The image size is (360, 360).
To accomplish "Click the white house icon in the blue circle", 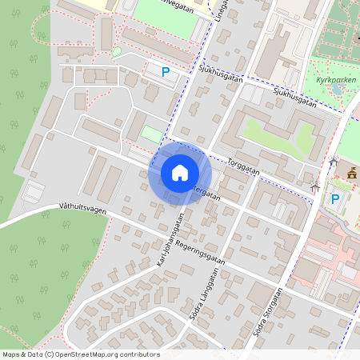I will (x=180, y=173).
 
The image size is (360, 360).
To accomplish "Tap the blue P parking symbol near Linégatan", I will (x=166, y=72).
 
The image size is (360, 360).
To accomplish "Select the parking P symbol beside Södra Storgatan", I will (x=335, y=199).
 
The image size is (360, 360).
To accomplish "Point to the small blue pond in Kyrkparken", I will (x=338, y=90).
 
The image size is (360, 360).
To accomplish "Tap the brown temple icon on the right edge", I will (x=352, y=173).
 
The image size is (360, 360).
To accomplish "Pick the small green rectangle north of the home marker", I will (x=151, y=134).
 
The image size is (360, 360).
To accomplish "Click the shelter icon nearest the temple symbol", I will (x=333, y=162).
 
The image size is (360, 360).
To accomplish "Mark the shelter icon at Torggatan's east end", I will (x=315, y=187).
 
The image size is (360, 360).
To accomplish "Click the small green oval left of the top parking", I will (x=117, y=52).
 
